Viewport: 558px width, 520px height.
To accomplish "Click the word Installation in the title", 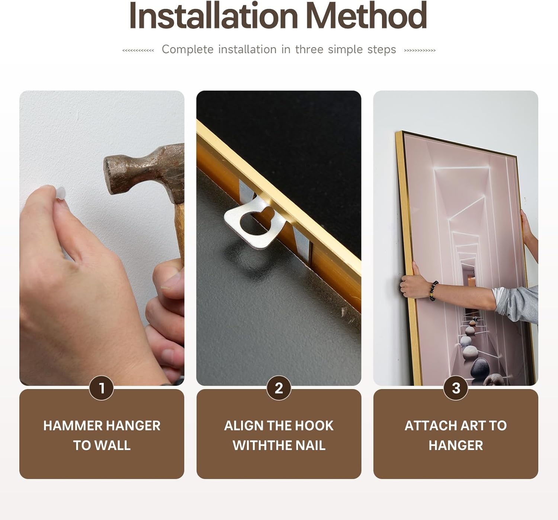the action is coord(214,16).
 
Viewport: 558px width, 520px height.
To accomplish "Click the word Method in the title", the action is coord(368,16).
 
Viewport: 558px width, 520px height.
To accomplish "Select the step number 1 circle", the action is coord(102,388).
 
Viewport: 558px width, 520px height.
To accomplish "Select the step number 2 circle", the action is coord(279,388).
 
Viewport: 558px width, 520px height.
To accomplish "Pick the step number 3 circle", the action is coord(456,388).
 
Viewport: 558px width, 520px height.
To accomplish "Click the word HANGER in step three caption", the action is coord(456,446).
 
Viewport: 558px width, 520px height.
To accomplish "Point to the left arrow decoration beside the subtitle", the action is coord(138,51).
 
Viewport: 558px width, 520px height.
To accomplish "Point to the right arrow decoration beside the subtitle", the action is coord(420,51).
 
